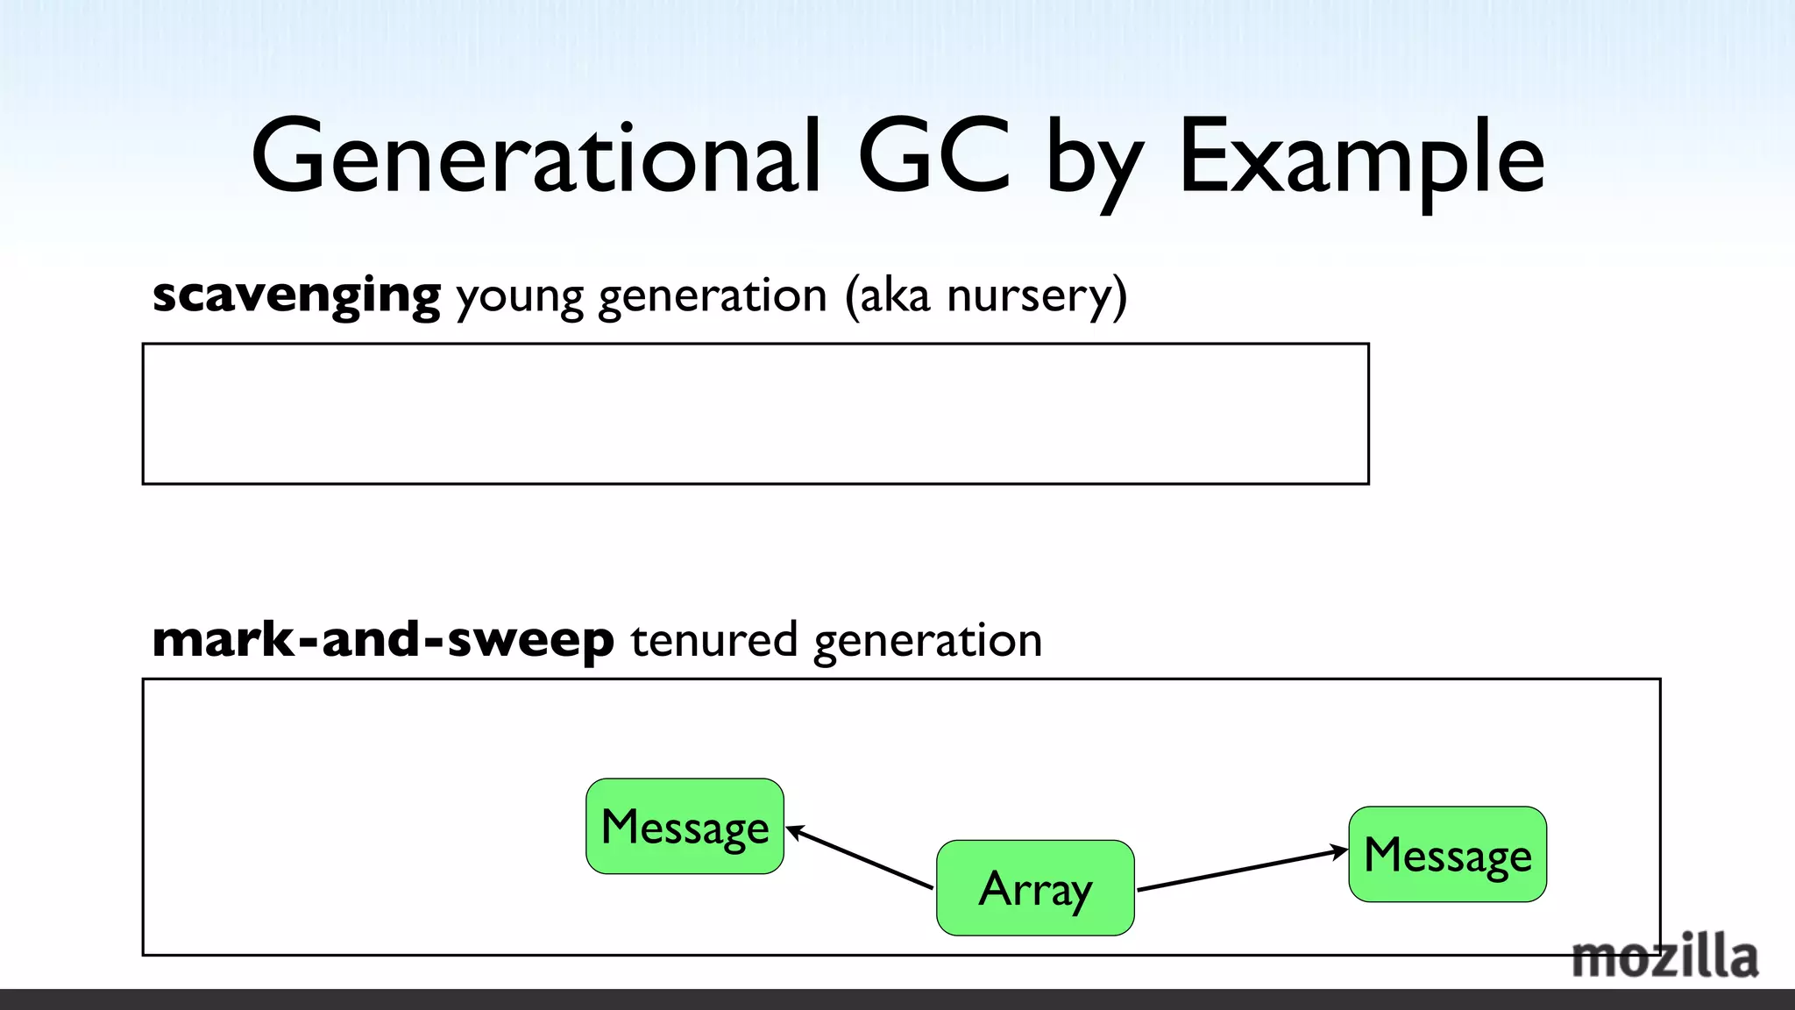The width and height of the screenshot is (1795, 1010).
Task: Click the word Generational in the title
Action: [x=536, y=158]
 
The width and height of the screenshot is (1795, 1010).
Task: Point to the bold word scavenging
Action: [x=296, y=295]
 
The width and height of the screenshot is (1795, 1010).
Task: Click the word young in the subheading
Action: [x=519, y=297]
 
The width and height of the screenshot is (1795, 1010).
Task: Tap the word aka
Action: [x=894, y=295]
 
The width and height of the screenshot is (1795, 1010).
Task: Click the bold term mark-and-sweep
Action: [x=383, y=640]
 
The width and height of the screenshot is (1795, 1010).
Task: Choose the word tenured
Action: [x=713, y=640]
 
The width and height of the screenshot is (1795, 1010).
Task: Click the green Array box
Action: [x=1035, y=888]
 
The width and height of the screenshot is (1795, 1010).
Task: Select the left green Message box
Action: [x=685, y=827]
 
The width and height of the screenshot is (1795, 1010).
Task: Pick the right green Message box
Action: [x=1447, y=855]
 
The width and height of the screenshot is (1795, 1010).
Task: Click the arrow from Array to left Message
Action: [x=860, y=858]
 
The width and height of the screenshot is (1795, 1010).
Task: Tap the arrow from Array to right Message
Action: [x=1242, y=870]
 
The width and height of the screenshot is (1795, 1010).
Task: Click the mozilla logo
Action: [x=1664, y=958]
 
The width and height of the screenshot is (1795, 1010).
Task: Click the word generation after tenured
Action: [x=927, y=641]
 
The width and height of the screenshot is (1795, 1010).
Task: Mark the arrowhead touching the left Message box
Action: [x=792, y=830]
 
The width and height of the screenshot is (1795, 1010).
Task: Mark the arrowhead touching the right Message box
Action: [x=1340, y=850]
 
